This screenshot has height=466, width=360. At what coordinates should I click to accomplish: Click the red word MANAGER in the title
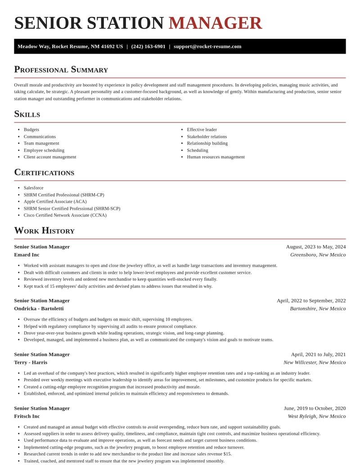coord(215,23)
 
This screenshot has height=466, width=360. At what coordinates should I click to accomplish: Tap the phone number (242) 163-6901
coord(148,46)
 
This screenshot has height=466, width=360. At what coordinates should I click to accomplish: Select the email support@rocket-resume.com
coord(207,46)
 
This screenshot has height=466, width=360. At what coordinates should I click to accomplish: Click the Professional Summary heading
coord(61,69)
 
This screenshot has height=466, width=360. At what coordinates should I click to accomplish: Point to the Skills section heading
coord(27,114)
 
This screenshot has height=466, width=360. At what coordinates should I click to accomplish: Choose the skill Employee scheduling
coord(44,150)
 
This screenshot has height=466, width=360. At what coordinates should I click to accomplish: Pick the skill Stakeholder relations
coord(207,136)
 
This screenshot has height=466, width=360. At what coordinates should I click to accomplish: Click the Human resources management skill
coord(216,157)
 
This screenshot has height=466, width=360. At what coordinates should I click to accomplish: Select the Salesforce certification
coord(34,188)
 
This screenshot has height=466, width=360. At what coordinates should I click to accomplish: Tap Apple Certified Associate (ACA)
coord(55,201)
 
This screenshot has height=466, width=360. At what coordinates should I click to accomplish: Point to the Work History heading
coord(44,231)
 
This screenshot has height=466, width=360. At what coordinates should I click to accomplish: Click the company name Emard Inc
coord(27,255)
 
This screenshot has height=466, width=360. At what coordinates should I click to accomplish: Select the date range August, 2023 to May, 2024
coord(316,247)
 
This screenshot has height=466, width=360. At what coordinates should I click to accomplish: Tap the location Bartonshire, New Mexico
coord(318,308)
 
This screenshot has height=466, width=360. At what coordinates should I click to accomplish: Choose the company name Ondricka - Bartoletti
coord(39,308)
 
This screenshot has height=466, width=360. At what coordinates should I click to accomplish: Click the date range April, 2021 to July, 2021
coord(318,354)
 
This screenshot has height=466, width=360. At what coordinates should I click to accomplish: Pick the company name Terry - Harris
coord(31,362)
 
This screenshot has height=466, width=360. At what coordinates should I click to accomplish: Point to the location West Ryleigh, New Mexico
coord(317,416)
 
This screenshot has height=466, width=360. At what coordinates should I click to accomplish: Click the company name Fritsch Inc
coord(27,416)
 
